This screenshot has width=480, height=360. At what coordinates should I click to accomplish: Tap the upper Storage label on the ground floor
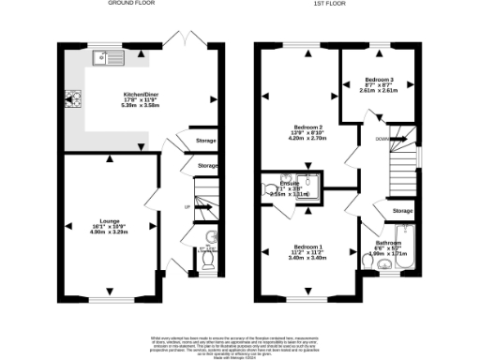206,141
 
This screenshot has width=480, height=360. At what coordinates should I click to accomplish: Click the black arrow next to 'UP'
201,207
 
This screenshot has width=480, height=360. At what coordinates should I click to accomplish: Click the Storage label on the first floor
403,211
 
